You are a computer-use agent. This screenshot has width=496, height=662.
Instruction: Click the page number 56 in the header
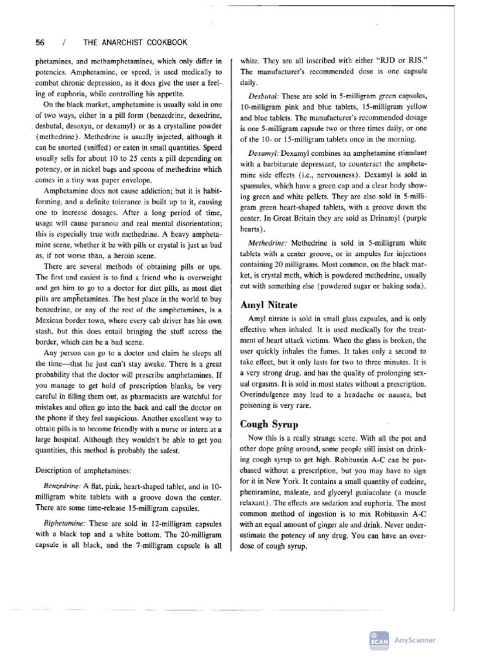[x=40, y=43]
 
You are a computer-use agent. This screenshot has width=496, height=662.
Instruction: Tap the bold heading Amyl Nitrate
[x=269, y=304]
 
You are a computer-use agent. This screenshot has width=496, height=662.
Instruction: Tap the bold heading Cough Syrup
[x=269, y=424]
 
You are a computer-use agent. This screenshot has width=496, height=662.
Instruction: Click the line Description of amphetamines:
[x=83, y=469]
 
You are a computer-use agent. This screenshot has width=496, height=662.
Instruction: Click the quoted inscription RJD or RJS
[x=403, y=60]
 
